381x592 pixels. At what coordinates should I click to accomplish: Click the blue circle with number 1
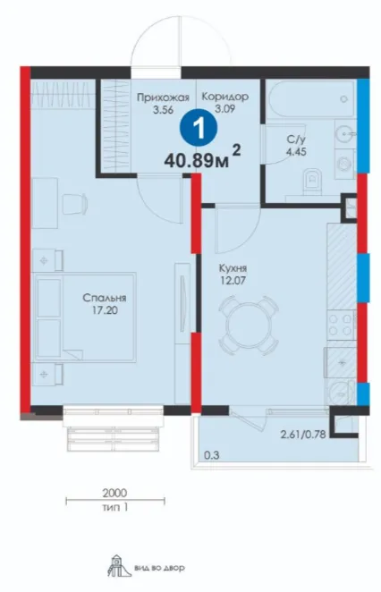[x=199, y=129]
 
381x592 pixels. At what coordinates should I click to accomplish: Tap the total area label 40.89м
[x=197, y=160]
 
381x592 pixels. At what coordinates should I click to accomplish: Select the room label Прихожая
[x=163, y=97]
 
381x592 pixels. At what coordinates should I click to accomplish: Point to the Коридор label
[x=225, y=97]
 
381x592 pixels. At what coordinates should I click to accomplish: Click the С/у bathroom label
[x=296, y=140]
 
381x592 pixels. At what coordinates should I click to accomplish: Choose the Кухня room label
[x=233, y=268]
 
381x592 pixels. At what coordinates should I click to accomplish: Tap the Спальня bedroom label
[x=105, y=299]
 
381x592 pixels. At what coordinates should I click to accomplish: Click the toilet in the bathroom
[x=312, y=181]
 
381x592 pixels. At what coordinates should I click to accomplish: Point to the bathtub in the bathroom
[x=310, y=99]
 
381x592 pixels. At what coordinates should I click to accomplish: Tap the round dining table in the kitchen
[x=249, y=326]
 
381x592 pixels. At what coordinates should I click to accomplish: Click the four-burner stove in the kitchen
[x=342, y=325]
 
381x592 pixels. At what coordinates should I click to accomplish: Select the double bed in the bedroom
[x=85, y=317]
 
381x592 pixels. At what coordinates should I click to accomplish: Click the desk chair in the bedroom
[x=75, y=204]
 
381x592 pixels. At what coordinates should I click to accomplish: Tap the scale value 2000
[x=114, y=493]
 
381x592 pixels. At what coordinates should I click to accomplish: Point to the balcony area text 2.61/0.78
[x=303, y=435]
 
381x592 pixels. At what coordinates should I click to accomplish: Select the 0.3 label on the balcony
[x=211, y=455]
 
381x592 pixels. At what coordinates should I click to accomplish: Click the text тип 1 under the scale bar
[x=114, y=507]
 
